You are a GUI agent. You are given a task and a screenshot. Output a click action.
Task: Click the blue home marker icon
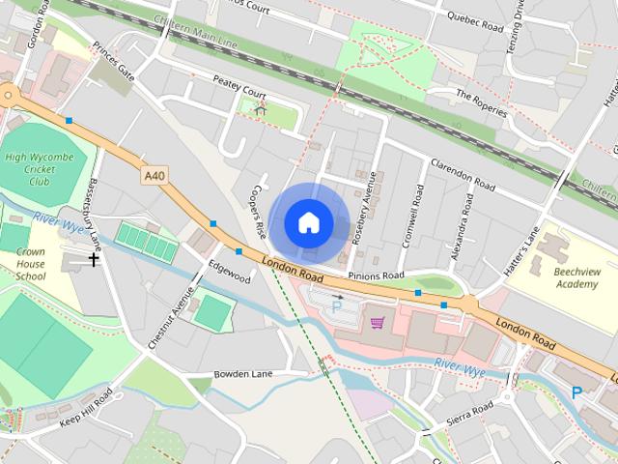click(308, 222)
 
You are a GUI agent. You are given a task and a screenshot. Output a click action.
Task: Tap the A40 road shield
click(154, 175)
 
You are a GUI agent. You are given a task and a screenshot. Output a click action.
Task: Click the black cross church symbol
click(95, 259)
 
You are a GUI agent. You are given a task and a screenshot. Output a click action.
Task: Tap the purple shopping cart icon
click(378, 322)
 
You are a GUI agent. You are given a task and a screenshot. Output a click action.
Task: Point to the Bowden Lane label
click(244, 373)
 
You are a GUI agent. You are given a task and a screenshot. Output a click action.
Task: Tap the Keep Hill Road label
click(86, 410)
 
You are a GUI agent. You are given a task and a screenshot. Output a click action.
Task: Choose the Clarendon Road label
click(463, 173)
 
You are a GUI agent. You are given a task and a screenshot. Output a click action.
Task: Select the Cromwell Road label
click(411, 217)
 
